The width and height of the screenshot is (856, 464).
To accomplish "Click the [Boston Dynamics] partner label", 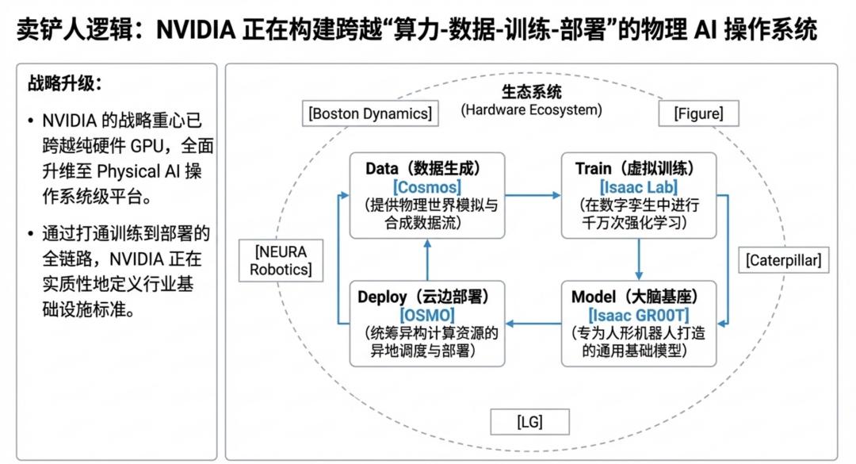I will coord(371,113).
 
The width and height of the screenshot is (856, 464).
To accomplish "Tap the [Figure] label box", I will coord(698,113).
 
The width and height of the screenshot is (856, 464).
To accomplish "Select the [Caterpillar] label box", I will coord(784,259).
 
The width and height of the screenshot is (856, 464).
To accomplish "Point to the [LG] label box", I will coord(529,421).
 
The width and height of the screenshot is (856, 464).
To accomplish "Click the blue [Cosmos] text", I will coord(426,187).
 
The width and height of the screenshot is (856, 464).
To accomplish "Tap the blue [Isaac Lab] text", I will coord(639,187).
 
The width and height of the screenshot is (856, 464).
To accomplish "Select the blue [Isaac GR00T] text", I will coord(639,316).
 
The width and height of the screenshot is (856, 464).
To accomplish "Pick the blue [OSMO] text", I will coord(428,316).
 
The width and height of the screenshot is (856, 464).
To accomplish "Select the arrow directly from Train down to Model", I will coord(639,259).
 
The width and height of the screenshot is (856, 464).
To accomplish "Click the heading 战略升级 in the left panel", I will coord(65,85).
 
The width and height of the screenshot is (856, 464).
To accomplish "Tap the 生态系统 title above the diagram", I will coord(531,92).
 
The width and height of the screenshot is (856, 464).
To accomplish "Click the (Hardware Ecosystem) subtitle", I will coord(531,109).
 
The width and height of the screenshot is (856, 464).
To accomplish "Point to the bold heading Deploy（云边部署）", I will coord(428,297).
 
